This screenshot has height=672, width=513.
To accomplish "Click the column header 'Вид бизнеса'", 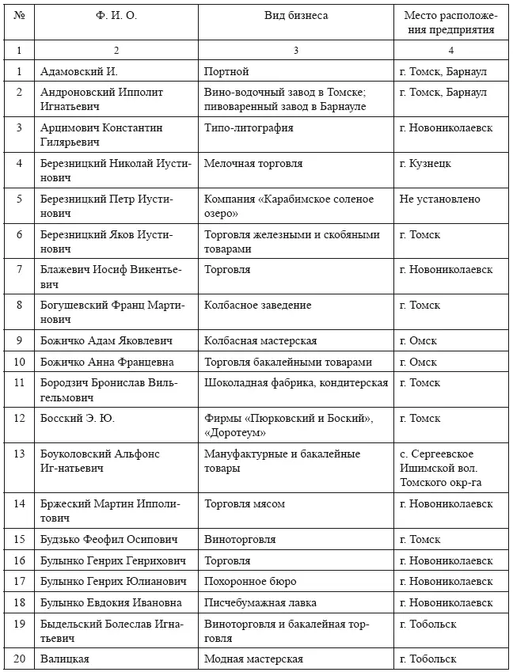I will (295, 16).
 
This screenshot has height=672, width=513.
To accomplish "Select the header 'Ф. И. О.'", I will (117, 16).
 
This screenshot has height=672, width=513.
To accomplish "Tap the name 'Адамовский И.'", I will (79, 71).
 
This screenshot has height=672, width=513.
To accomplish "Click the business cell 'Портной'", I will (226, 71).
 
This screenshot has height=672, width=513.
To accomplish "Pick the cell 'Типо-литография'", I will (249, 127).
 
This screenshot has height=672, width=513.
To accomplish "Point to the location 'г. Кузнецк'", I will (426, 163).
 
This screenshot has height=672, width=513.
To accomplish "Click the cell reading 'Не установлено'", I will (440, 199).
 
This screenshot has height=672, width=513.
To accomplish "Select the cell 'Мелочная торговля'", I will (253, 163).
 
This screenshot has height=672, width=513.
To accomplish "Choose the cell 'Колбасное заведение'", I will (257, 305).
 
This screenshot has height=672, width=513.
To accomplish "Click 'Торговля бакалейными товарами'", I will (287, 362).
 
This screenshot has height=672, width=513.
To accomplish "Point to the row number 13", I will (19, 454).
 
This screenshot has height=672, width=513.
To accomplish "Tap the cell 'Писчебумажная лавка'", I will (258, 602).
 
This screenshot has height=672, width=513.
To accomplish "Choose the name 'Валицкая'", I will (65, 659).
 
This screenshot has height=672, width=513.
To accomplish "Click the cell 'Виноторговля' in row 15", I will (240, 539).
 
